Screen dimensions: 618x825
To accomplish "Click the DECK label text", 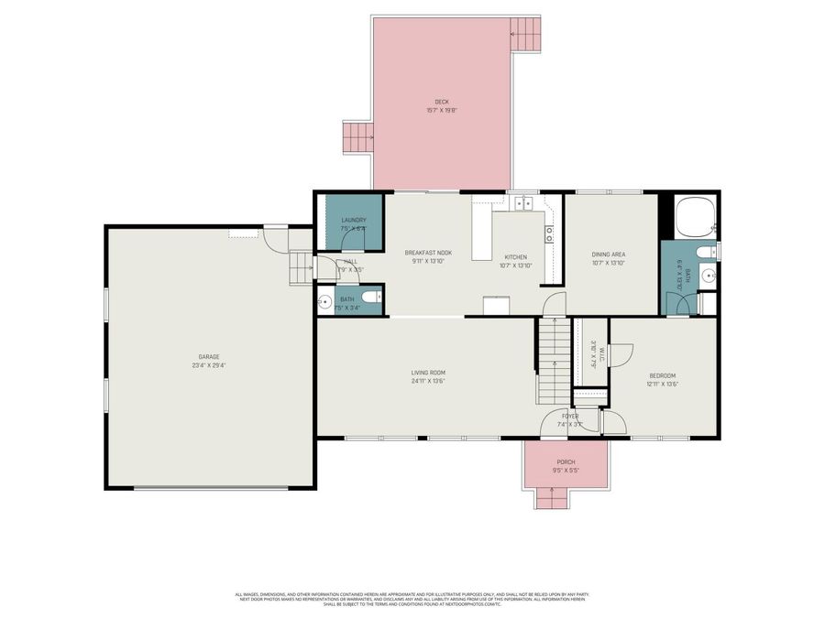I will (x=441, y=102).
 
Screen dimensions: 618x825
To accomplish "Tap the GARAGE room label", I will (x=209, y=357).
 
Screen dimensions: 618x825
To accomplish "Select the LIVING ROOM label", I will (x=427, y=372).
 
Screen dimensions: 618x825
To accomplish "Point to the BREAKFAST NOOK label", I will (x=428, y=253).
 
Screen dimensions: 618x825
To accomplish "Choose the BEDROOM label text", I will (x=662, y=375).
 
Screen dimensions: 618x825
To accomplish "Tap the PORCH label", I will (x=566, y=462).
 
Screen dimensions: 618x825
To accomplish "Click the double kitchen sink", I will (x=523, y=204).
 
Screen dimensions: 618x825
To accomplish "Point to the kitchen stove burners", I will (x=549, y=233).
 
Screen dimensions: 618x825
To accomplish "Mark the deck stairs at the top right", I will (x=527, y=36).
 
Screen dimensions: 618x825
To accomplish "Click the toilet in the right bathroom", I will (x=704, y=252).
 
